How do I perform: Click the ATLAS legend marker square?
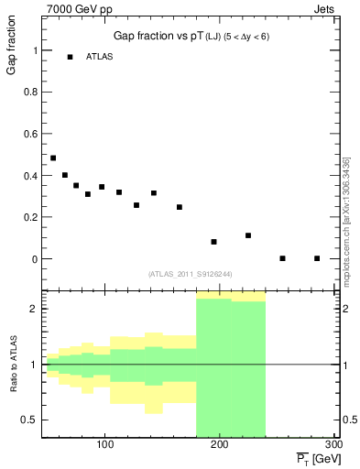pyautogui.click(x=70, y=57)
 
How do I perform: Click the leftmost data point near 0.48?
pyautogui.click(x=53, y=158)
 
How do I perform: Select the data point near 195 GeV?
pyautogui.click(x=213, y=242)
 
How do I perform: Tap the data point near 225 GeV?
pyautogui.click(x=248, y=235)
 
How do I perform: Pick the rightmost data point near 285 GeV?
pyautogui.click(x=317, y=258)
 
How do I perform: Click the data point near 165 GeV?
pyautogui.click(x=180, y=207)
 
